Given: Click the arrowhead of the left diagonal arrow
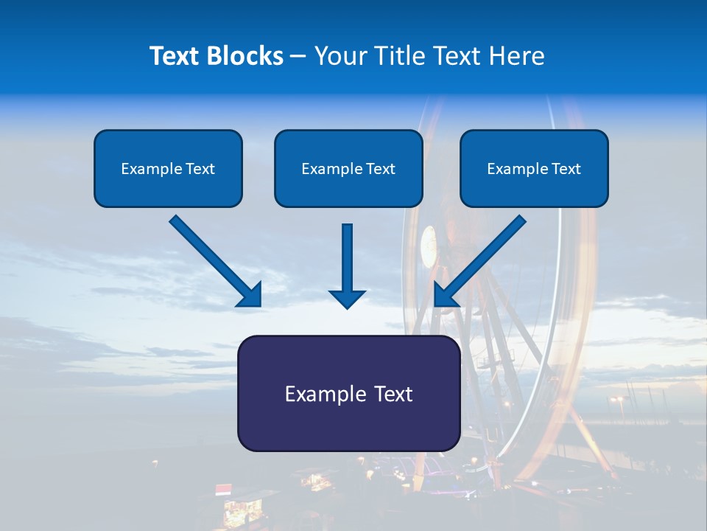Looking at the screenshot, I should coord(250,295).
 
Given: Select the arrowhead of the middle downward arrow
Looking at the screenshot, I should coord(348,299).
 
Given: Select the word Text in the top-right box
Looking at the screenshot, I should coord(566,169).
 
